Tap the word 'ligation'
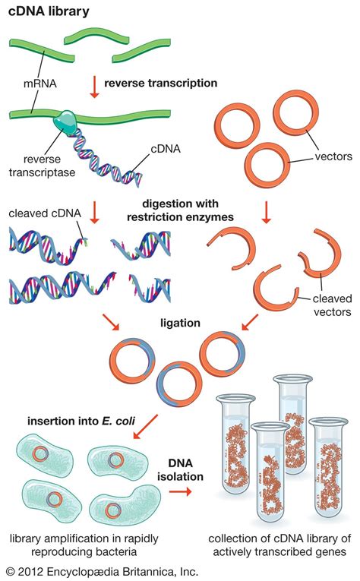(181, 323)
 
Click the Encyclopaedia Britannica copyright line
(101, 570)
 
